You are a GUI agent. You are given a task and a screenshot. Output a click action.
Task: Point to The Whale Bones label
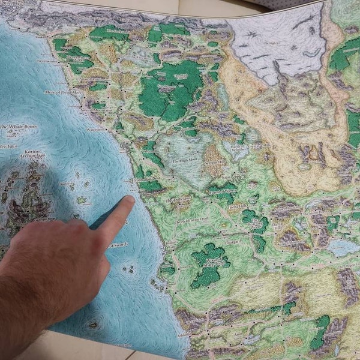pos(19,127)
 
